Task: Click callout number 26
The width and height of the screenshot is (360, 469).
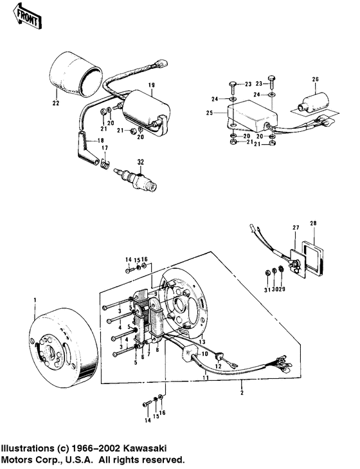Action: tap(315, 80)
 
